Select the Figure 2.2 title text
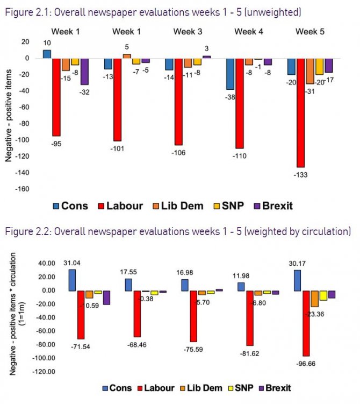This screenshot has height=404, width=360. pyautogui.click(x=178, y=231)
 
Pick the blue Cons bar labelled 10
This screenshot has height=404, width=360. pyautogui.click(x=47, y=54)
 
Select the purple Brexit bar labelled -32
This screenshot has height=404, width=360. pyautogui.click(x=84, y=71)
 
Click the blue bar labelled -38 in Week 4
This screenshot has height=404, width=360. pyautogui.click(x=230, y=74)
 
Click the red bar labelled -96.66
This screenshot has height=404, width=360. pyautogui.click(x=305, y=323)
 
